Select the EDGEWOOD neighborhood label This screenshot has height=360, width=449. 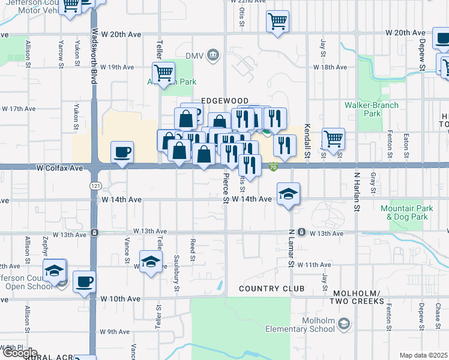coord(224,100)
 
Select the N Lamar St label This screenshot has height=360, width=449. coord(291,247)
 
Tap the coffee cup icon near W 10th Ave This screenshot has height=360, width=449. coord(85,280)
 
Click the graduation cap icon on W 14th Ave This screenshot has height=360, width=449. coord(288,193)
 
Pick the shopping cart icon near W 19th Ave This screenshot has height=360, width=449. coord(163,73)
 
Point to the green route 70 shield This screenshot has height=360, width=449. coord(273,167)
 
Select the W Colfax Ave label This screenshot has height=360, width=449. coord(59,169)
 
